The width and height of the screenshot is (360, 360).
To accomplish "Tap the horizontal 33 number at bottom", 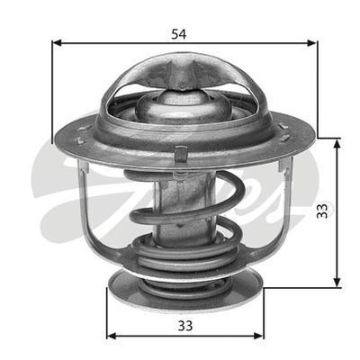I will click(x=184, y=325).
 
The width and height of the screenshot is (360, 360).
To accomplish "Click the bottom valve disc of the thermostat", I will click(x=184, y=286).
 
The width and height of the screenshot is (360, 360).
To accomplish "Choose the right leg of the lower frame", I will click(x=280, y=207).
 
